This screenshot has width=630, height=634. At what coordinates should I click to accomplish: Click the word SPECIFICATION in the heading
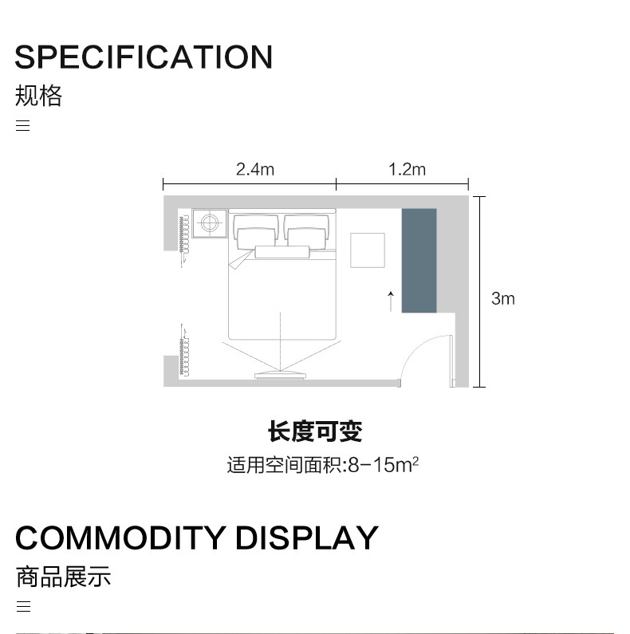(144, 57)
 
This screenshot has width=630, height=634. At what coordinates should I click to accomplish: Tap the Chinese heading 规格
(38, 96)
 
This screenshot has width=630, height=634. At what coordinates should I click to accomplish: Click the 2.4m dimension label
(254, 169)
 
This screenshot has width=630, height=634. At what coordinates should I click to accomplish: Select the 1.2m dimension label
(407, 169)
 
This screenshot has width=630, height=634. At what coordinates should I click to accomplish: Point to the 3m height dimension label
(502, 299)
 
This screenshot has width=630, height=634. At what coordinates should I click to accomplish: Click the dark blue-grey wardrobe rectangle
(419, 261)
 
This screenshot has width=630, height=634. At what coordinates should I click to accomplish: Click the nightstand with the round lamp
(210, 222)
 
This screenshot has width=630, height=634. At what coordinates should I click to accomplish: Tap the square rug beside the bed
(368, 250)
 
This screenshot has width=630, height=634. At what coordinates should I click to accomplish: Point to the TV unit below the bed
(279, 374)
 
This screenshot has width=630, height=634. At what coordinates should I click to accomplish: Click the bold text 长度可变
(315, 432)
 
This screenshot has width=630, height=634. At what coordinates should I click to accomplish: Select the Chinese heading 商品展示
(63, 577)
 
